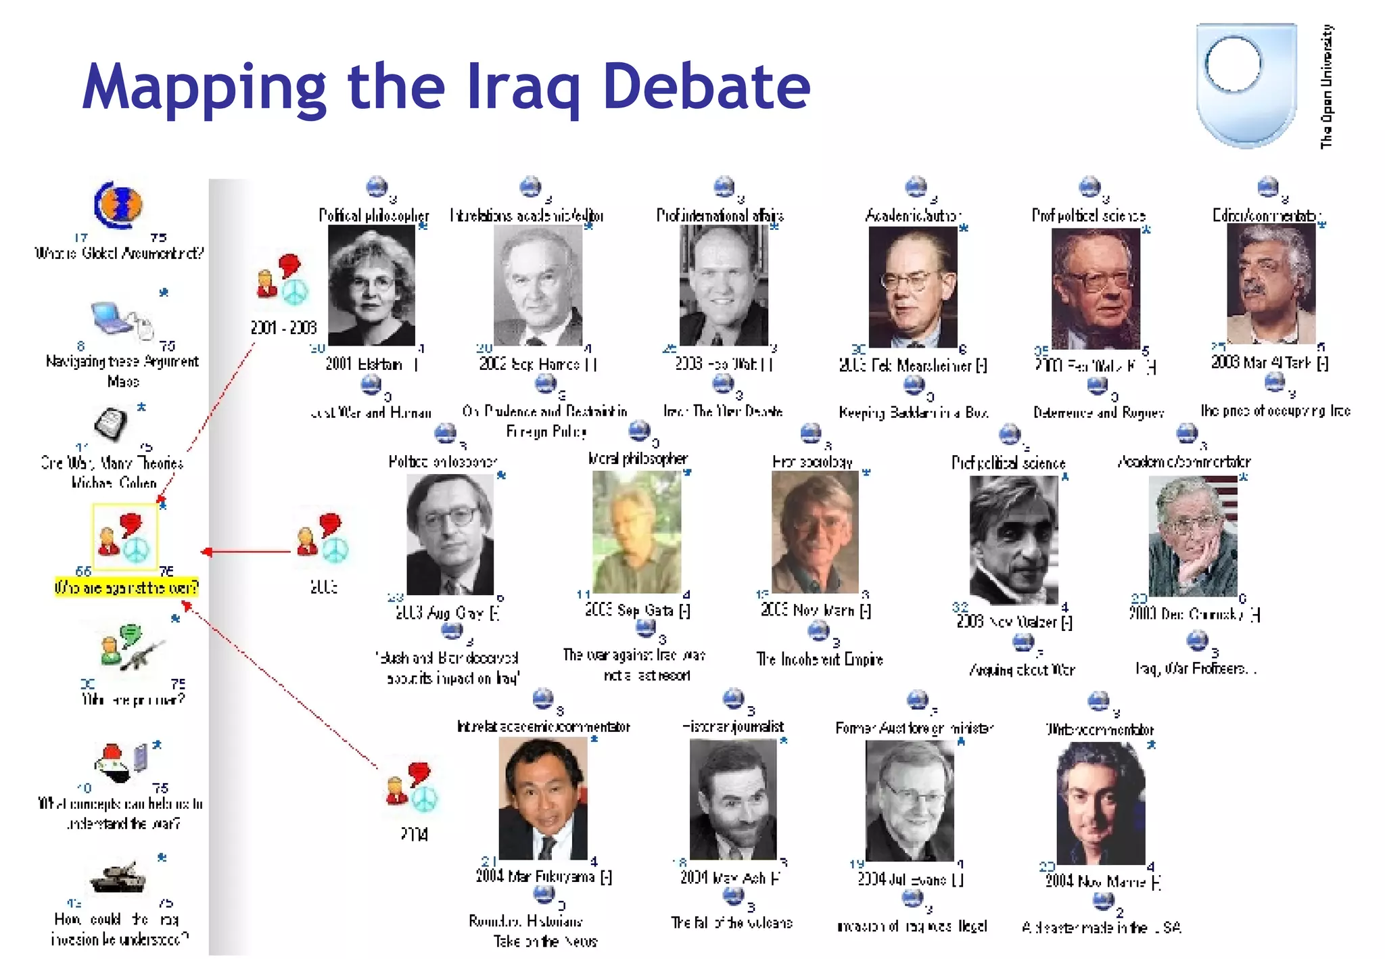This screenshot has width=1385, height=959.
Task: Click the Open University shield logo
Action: tap(1246, 85)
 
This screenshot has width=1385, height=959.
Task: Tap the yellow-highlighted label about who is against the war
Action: tap(126, 587)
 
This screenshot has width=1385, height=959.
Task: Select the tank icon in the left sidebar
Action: tap(118, 877)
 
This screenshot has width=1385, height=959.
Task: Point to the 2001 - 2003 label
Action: tap(283, 328)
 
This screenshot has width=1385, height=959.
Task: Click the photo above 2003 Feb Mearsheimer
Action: tap(912, 287)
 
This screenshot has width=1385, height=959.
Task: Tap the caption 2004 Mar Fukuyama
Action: tap(543, 876)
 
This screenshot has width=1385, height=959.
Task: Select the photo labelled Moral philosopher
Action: tap(636, 532)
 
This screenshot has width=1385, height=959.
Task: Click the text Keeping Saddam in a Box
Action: tap(913, 412)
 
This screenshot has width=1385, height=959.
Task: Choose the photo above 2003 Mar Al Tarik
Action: tap(1271, 284)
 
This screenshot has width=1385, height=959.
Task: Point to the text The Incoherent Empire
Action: tap(820, 659)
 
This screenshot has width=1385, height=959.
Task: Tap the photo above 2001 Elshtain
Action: tap(371, 285)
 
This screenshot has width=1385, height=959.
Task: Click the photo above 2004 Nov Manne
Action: tap(1100, 803)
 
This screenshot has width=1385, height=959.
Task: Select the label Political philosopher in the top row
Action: tap(374, 216)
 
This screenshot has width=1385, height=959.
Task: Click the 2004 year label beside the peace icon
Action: tap(414, 834)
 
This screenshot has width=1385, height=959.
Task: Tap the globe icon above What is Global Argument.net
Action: tap(118, 204)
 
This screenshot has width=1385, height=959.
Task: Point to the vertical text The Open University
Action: tap(1327, 87)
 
